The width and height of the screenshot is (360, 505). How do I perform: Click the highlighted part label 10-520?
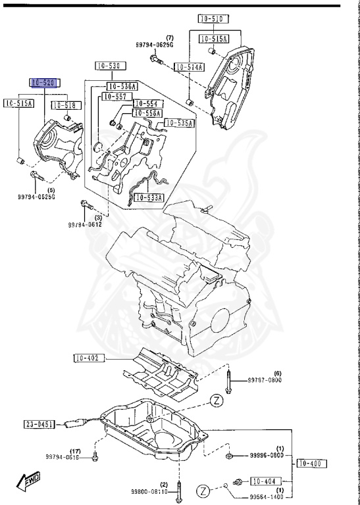tap(45, 83)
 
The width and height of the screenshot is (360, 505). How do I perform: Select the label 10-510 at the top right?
tap(213, 20)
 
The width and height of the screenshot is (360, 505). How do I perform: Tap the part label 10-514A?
tap(189, 67)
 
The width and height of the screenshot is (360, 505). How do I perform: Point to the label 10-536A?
tap(122, 86)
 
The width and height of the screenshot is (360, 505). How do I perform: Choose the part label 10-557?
tap(113, 97)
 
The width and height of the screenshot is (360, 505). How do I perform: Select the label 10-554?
tap(147, 104)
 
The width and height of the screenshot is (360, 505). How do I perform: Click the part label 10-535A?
tap(179, 123)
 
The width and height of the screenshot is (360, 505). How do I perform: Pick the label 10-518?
tap(64, 105)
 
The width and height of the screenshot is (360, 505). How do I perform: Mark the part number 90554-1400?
tap(267, 496)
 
